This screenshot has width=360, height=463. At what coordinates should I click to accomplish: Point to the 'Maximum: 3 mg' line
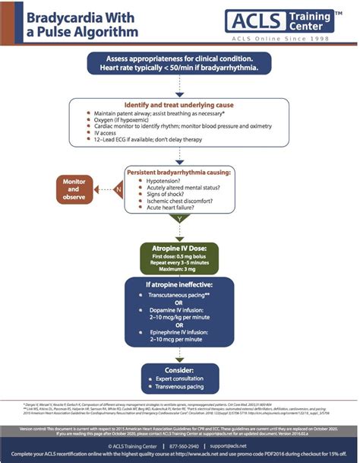coord(180,270)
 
